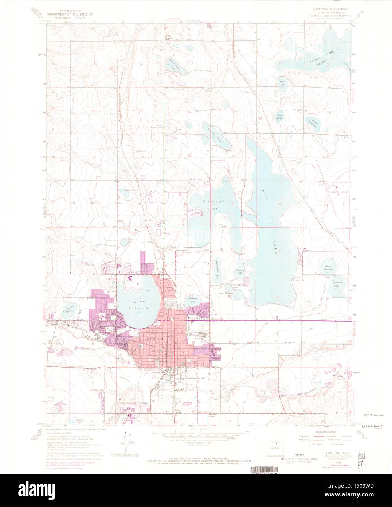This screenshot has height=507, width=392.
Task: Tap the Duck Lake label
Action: (282, 83)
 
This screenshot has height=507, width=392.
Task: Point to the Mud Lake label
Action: (279, 116)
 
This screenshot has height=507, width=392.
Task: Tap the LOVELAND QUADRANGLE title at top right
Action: (329, 8)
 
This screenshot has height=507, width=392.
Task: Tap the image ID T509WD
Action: (371, 486)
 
